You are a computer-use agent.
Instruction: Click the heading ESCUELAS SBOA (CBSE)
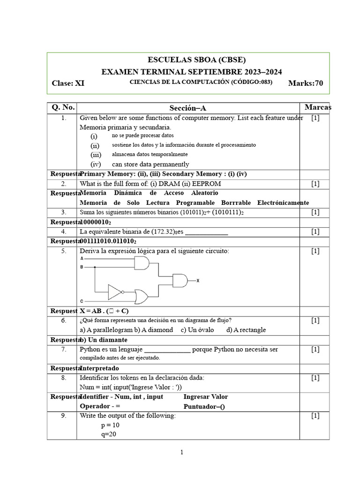point(196,60)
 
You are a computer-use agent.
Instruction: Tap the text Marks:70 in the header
point(306,83)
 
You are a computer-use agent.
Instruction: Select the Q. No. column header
point(63,107)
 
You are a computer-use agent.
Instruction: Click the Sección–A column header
point(187,108)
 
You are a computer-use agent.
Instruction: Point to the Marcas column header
point(317,107)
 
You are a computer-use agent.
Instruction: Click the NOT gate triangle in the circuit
point(115,292)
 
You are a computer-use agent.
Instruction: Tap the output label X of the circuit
point(198,281)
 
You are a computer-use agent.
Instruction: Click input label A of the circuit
point(82,258)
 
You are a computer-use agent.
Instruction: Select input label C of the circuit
point(82,300)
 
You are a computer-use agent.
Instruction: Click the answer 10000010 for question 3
point(96,222)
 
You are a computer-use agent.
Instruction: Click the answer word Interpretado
point(99,368)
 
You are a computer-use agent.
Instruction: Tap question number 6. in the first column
point(63,321)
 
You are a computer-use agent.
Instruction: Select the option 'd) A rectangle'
point(246,330)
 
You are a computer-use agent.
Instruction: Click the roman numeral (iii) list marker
point(96,155)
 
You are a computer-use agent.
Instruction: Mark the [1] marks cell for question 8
point(315,378)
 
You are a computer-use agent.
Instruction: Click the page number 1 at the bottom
point(181,452)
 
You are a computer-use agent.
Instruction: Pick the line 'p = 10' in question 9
point(111,425)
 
